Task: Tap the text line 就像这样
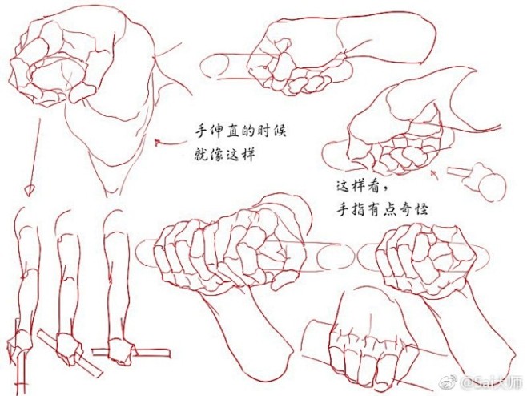(224, 152)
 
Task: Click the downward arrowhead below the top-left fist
(30, 191)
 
